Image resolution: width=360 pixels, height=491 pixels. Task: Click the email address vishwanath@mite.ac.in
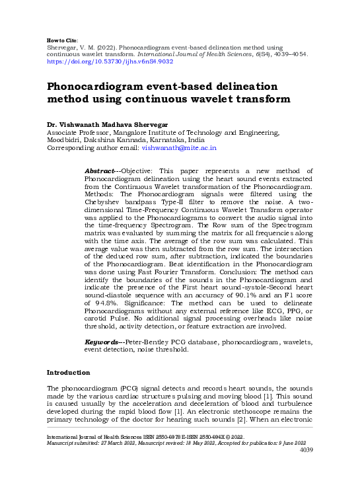click(x=180, y=149)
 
